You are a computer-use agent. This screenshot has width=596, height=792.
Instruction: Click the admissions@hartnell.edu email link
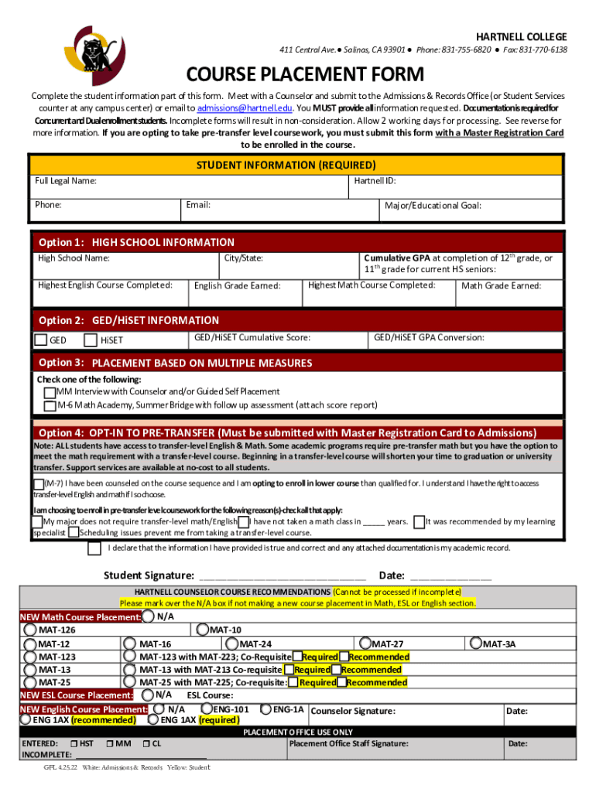pos(245,108)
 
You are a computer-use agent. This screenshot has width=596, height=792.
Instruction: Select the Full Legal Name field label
pos(66,181)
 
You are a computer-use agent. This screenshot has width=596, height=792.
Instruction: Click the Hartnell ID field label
pos(375,181)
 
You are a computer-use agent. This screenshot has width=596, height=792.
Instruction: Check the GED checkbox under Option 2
pos(40,339)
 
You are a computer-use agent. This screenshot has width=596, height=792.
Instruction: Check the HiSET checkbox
pos(91,339)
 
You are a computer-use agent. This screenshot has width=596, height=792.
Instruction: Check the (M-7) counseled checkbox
pos(39,483)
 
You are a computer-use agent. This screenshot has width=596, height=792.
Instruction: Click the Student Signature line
pos(283,576)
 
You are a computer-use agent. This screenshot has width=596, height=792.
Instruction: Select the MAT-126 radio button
pos(31,630)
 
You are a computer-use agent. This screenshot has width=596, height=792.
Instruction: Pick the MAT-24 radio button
pos(231,643)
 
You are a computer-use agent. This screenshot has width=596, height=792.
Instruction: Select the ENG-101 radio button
pos(207,708)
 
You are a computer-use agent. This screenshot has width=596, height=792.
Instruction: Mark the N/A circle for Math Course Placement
pos(147,617)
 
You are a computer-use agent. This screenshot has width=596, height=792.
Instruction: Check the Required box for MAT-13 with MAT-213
pos(289,670)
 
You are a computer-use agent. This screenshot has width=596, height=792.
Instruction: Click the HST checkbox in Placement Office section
pos(73,744)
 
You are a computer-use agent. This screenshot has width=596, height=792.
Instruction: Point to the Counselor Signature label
pos(352,712)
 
